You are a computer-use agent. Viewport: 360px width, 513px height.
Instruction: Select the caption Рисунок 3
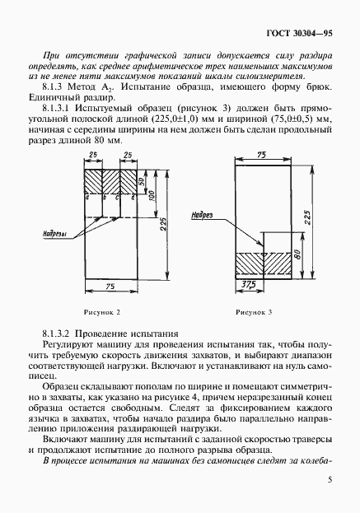pos(254,313)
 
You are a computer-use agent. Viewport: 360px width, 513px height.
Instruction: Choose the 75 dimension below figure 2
pos(110,286)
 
